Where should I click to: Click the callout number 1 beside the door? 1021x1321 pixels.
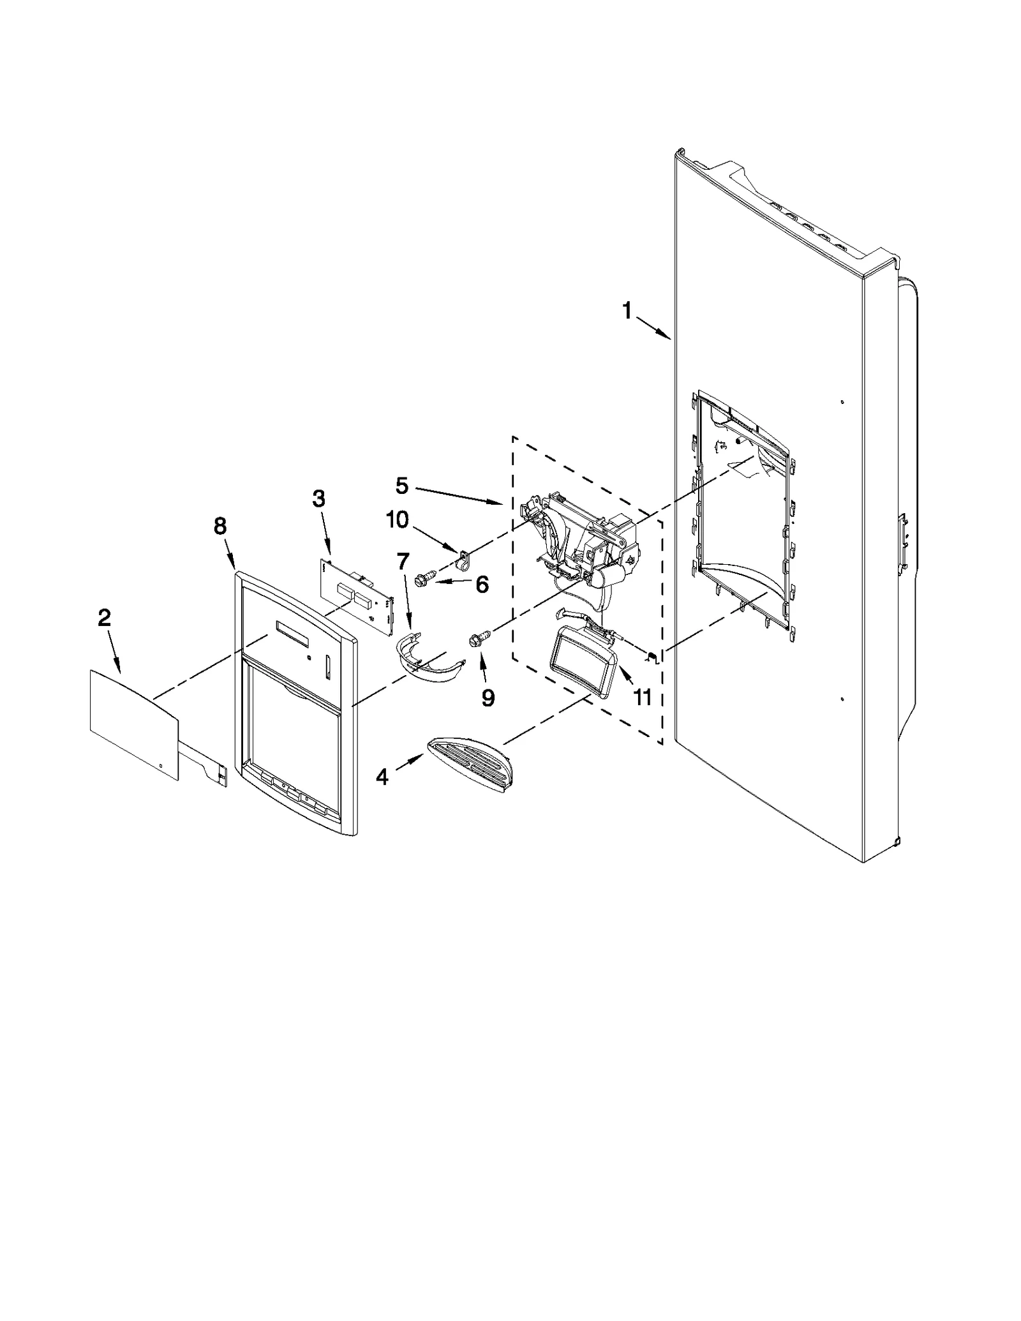click(x=627, y=311)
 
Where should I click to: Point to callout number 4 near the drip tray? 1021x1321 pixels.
click(x=382, y=777)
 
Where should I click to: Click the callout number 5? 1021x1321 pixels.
click(x=401, y=486)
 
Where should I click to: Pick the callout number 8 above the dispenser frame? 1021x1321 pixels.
click(x=219, y=526)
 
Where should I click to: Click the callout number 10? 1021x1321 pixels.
click(x=397, y=519)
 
